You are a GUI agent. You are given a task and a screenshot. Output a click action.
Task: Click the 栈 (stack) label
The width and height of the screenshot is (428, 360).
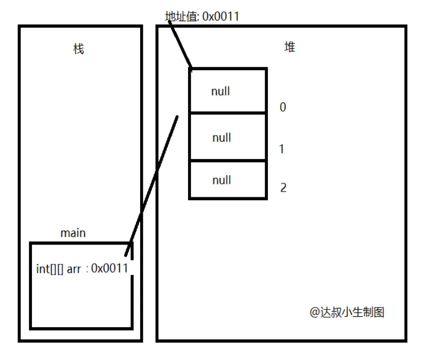[x=78, y=49]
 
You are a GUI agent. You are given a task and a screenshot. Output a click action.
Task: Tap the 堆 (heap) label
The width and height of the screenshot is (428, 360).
[x=290, y=47]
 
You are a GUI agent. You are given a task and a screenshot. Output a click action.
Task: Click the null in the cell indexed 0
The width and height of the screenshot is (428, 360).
[x=220, y=92]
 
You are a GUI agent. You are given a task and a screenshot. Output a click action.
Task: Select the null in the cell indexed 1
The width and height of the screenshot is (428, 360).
[x=221, y=138]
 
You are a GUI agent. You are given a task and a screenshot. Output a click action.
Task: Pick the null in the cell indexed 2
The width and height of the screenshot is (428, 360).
[x=221, y=180]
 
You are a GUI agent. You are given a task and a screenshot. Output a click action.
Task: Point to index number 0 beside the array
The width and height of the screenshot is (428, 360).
[x=282, y=107]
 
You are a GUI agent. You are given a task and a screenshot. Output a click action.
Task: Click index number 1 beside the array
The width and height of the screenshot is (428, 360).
[x=281, y=149]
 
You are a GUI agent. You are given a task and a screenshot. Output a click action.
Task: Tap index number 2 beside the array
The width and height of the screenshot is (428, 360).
[x=283, y=187]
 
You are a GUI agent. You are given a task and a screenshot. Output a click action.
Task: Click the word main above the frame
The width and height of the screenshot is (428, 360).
[x=73, y=233]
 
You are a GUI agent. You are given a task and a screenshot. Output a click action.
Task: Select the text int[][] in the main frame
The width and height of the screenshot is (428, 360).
[x=49, y=269]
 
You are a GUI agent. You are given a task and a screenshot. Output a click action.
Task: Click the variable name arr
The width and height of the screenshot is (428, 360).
[x=74, y=269]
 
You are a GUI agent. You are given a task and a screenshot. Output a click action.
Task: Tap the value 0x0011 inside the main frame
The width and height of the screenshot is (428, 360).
[x=109, y=268]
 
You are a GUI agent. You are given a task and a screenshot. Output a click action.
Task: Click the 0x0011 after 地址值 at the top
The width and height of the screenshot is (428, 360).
[x=221, y=16]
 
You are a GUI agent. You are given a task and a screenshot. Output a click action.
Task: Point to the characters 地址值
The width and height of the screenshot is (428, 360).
[x=181, y=16]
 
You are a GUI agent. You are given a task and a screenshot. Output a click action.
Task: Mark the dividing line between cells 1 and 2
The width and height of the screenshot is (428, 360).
[x=228, y=161]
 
